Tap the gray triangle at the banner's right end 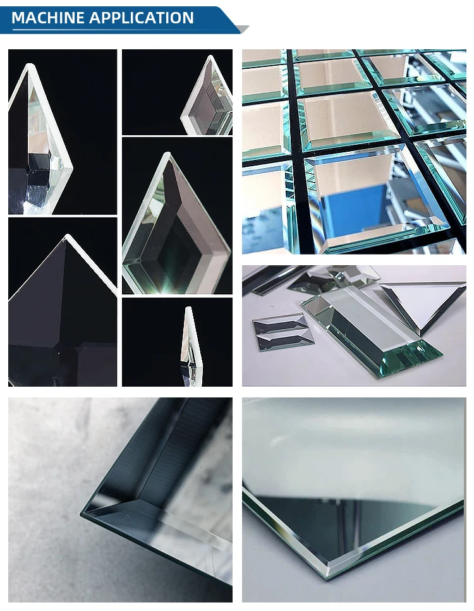(x=243, y=29)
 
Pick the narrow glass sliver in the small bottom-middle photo (x=189, y=348)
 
